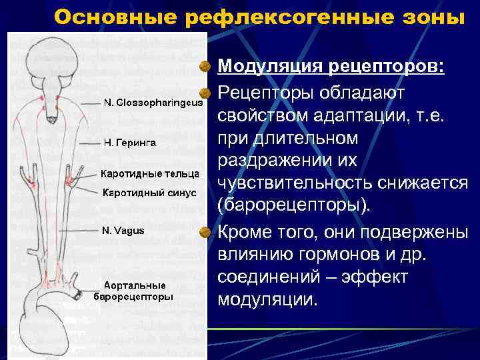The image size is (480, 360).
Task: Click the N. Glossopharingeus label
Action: [153, 103]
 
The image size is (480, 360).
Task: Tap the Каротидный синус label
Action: [149, 193]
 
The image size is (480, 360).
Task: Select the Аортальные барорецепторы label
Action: [133, 291]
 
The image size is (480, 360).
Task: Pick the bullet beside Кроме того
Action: [208, 231]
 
